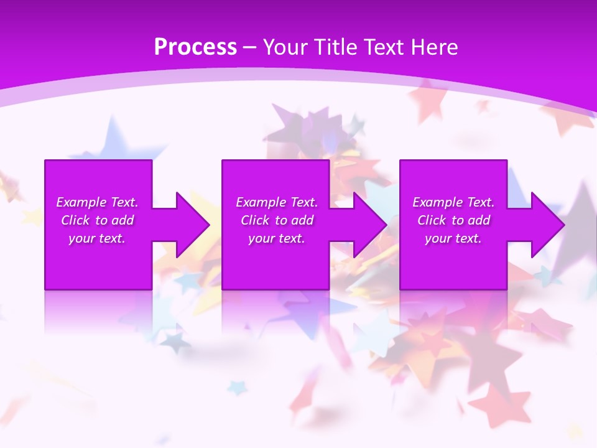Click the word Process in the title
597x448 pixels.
pos(195,47)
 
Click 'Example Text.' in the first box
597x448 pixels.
pos(97,202)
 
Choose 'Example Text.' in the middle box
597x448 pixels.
pos(277,202)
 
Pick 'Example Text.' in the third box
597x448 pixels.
pos(453,202)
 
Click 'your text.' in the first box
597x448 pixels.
pos(97,238)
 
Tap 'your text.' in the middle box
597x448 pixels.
pos(277,238)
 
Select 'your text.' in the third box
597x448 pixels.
pos(453,238)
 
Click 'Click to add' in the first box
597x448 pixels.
pos(97,220)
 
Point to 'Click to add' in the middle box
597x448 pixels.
pos(277,220)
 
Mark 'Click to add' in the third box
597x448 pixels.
pos(453,220)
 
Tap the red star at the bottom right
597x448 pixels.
pos(497,404)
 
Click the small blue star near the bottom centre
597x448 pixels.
pos(237,388)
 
